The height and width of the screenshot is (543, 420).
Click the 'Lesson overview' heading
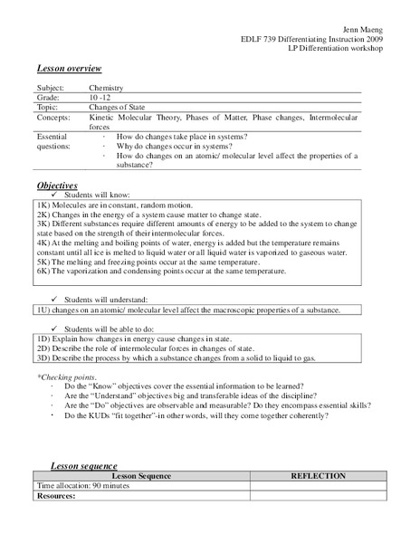click(x=69, y=70)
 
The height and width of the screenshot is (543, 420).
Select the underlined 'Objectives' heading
click(x=57, y=186)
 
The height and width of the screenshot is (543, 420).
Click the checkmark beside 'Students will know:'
click(x=55, y=195)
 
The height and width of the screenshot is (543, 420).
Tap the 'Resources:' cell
click(x=55, y=496)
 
